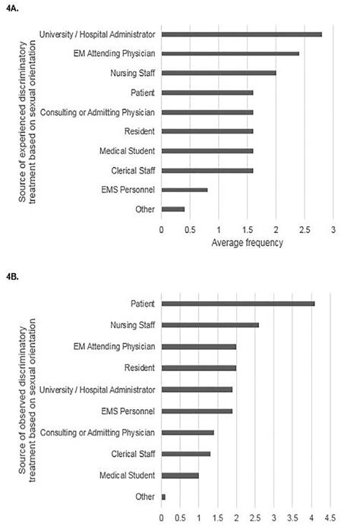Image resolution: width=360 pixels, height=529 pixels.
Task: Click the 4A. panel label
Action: [x=11, y=7]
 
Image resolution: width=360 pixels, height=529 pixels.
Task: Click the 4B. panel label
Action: [x=11, y=277]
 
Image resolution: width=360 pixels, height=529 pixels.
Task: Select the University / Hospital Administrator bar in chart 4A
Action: [x=242, y=34]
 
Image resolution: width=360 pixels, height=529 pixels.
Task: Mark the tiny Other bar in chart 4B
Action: [x=163, y=496]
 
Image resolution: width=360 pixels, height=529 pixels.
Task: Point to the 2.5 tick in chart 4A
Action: [x=304, y=228]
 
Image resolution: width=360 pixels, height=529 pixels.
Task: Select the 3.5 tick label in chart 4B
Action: [x=292, y=520]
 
